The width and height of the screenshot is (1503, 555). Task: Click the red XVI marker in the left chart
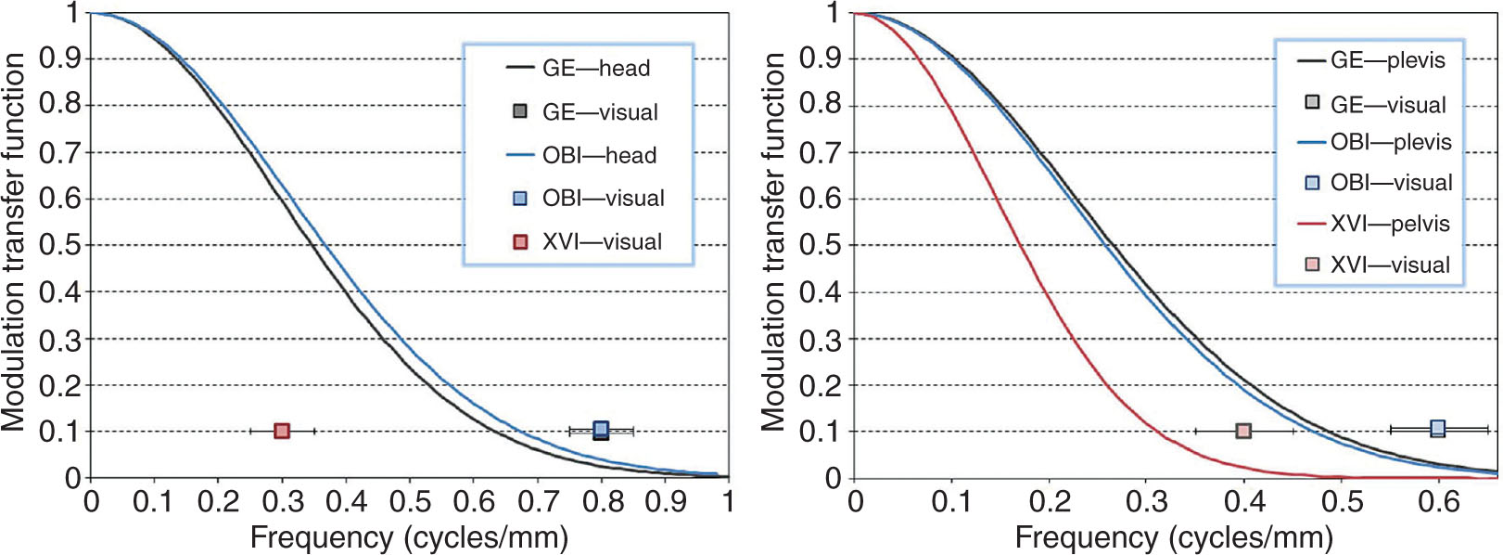283,431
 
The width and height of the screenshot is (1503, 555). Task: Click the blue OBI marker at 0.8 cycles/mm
601,429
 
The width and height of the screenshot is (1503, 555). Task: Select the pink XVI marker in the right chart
1243,431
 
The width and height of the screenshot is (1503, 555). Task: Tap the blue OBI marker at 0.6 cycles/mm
1437,428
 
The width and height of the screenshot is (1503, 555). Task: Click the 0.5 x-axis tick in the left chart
410,502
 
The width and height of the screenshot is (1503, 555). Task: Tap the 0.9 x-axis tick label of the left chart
666,502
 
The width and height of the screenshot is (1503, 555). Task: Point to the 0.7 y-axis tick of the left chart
60,152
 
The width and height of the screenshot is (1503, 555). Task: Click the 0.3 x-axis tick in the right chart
1147,502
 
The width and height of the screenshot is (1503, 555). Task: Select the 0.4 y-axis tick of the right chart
821,292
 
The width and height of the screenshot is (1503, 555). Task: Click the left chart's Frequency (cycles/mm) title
409,537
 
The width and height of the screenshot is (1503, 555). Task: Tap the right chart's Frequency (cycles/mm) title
1174,537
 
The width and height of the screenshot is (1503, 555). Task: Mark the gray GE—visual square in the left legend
520,111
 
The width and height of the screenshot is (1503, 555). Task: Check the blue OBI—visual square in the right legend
1312,183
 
